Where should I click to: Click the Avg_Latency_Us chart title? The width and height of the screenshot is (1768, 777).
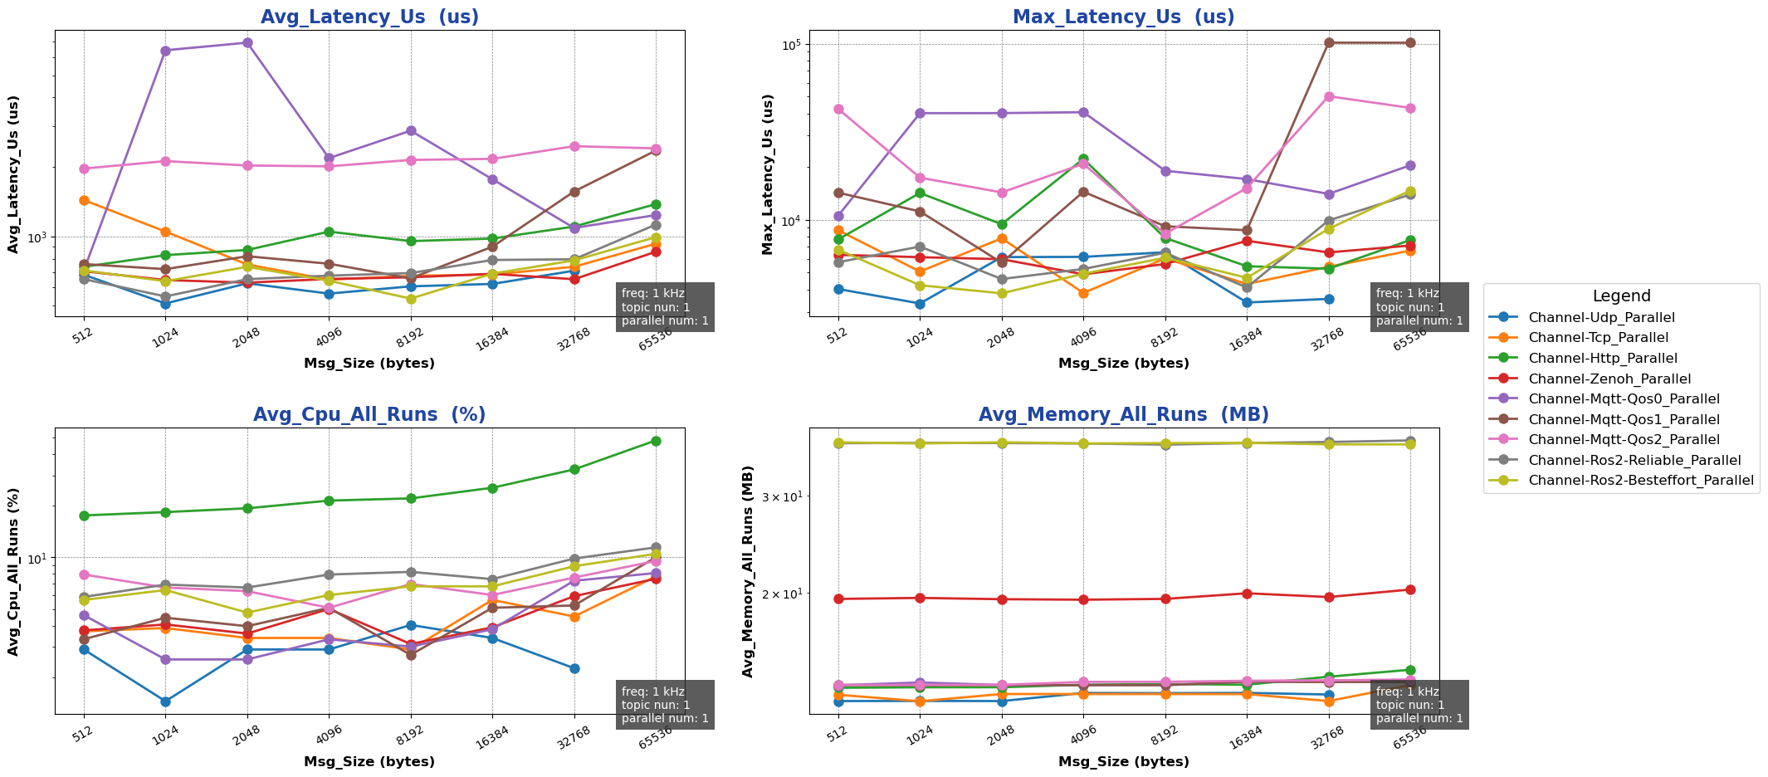pyautogui.click(x=369, y=17)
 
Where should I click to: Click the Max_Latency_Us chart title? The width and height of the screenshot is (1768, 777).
pyautogui.click(x=1123, y=17)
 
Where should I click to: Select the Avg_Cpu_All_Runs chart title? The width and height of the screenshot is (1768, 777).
pyautogui.click(x=369, y=414)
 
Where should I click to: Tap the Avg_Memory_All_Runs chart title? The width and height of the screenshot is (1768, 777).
pyautogui.click(x=1123, y=414)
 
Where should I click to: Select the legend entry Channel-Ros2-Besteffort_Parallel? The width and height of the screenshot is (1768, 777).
pyautogui.click(x=1640, y=480)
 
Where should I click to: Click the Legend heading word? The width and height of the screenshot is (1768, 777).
pyautogui.click(x=1621, y=296)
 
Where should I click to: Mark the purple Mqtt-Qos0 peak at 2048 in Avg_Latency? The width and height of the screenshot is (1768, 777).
pyautogui.click(x=247, y=42)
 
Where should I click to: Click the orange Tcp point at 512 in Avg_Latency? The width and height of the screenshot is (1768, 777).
pyautogui.click(x=84, y=200)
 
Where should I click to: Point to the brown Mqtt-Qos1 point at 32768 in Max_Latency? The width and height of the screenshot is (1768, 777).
pyautogui.click(x=1329, y=42)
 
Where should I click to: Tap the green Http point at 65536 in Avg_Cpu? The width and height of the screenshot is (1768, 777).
pyautogui.click(x=656, y=441)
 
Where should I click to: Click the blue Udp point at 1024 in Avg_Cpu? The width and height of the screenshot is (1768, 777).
pyautogui.click(x=165, y=701)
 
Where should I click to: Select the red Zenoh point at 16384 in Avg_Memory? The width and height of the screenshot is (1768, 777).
pyautogui.click(x=1247, y=593)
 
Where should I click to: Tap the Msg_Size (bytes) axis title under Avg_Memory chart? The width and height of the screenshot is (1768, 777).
pyautogui.click(x=1123, y=761)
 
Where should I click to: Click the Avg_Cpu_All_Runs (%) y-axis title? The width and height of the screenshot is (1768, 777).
pyautogui.click(x=13, y=571)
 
